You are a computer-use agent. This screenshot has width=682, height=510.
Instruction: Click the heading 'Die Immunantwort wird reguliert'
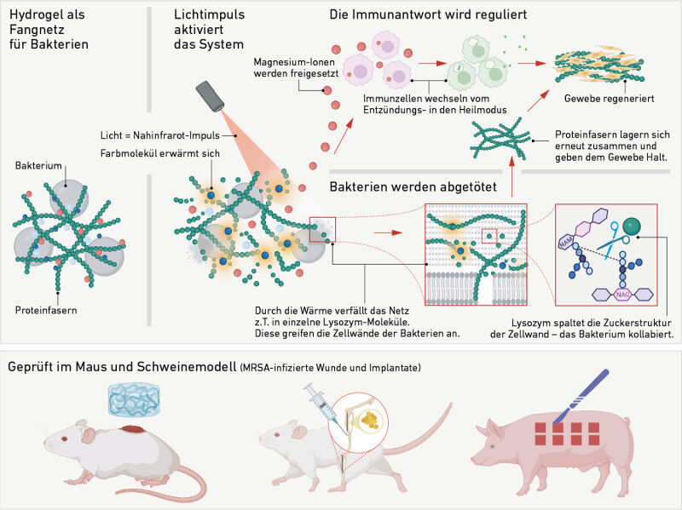tap(429, 15)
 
